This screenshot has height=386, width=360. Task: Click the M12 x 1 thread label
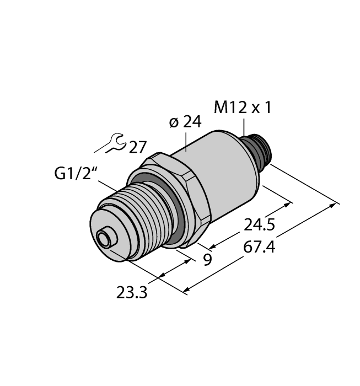tap(242, 108)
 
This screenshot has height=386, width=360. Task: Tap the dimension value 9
tap(207, 259)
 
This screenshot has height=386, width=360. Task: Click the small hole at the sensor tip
tap(103, 239)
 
